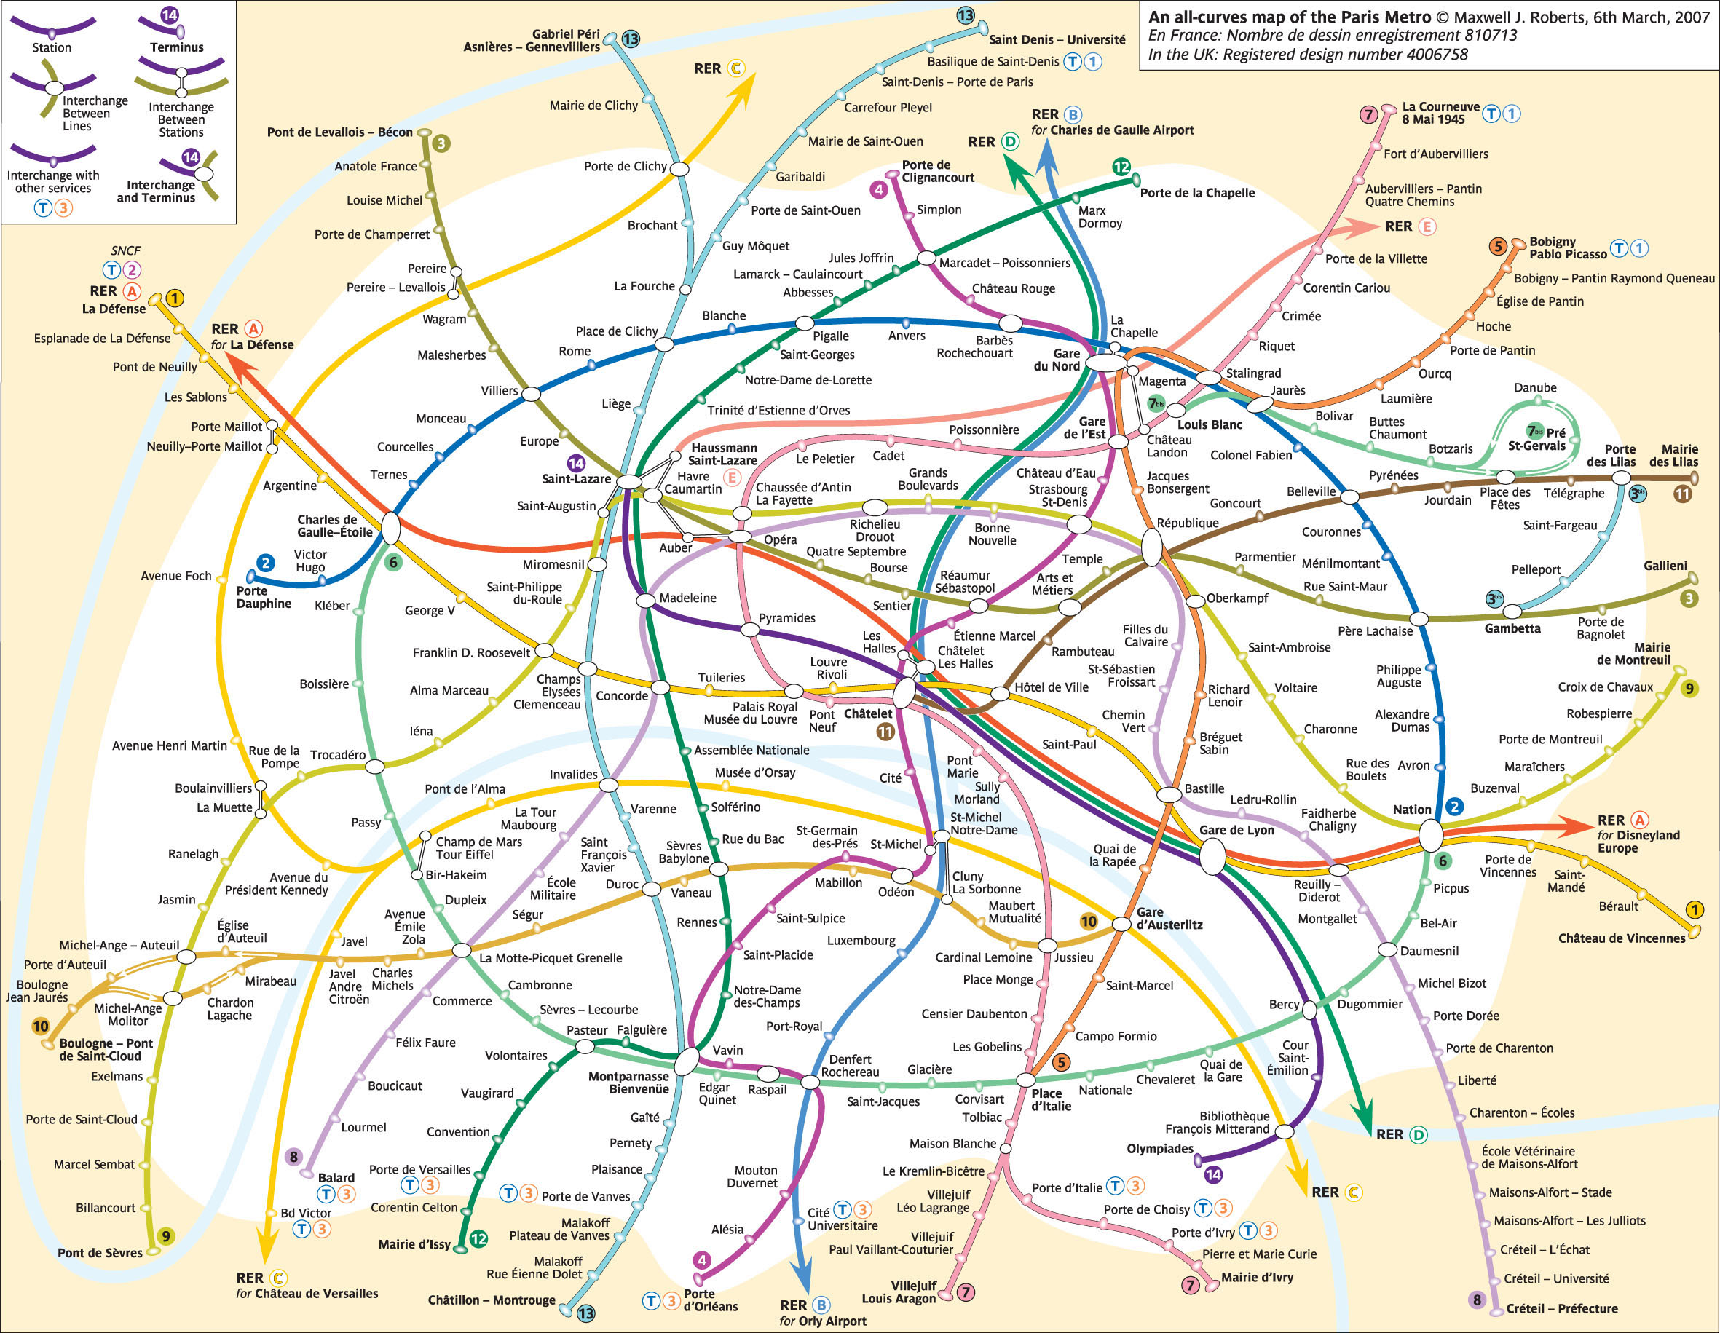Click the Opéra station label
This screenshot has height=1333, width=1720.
coord(780,539)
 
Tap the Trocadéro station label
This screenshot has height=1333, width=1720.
coord(337,754)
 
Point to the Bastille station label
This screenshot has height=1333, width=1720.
coord(1204,788)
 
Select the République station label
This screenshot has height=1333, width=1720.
coord(1187,523)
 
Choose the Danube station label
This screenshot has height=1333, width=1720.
coord(1534,387)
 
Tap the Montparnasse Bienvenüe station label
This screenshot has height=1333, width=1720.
coord(628,1083)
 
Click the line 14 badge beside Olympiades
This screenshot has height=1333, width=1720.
coord(1213,1175)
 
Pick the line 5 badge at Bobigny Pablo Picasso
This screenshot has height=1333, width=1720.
coord(1497,247)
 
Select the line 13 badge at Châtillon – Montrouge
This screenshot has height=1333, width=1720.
coord(585,1313)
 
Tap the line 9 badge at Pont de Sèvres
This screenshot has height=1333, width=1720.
coord(165,1236)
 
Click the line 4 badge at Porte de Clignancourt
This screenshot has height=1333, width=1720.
coord(878,189)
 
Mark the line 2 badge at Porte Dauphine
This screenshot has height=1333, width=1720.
coord(265,562)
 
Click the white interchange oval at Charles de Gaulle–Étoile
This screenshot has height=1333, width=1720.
coord(390,528)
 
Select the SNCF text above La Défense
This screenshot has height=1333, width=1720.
coord(125,250)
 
